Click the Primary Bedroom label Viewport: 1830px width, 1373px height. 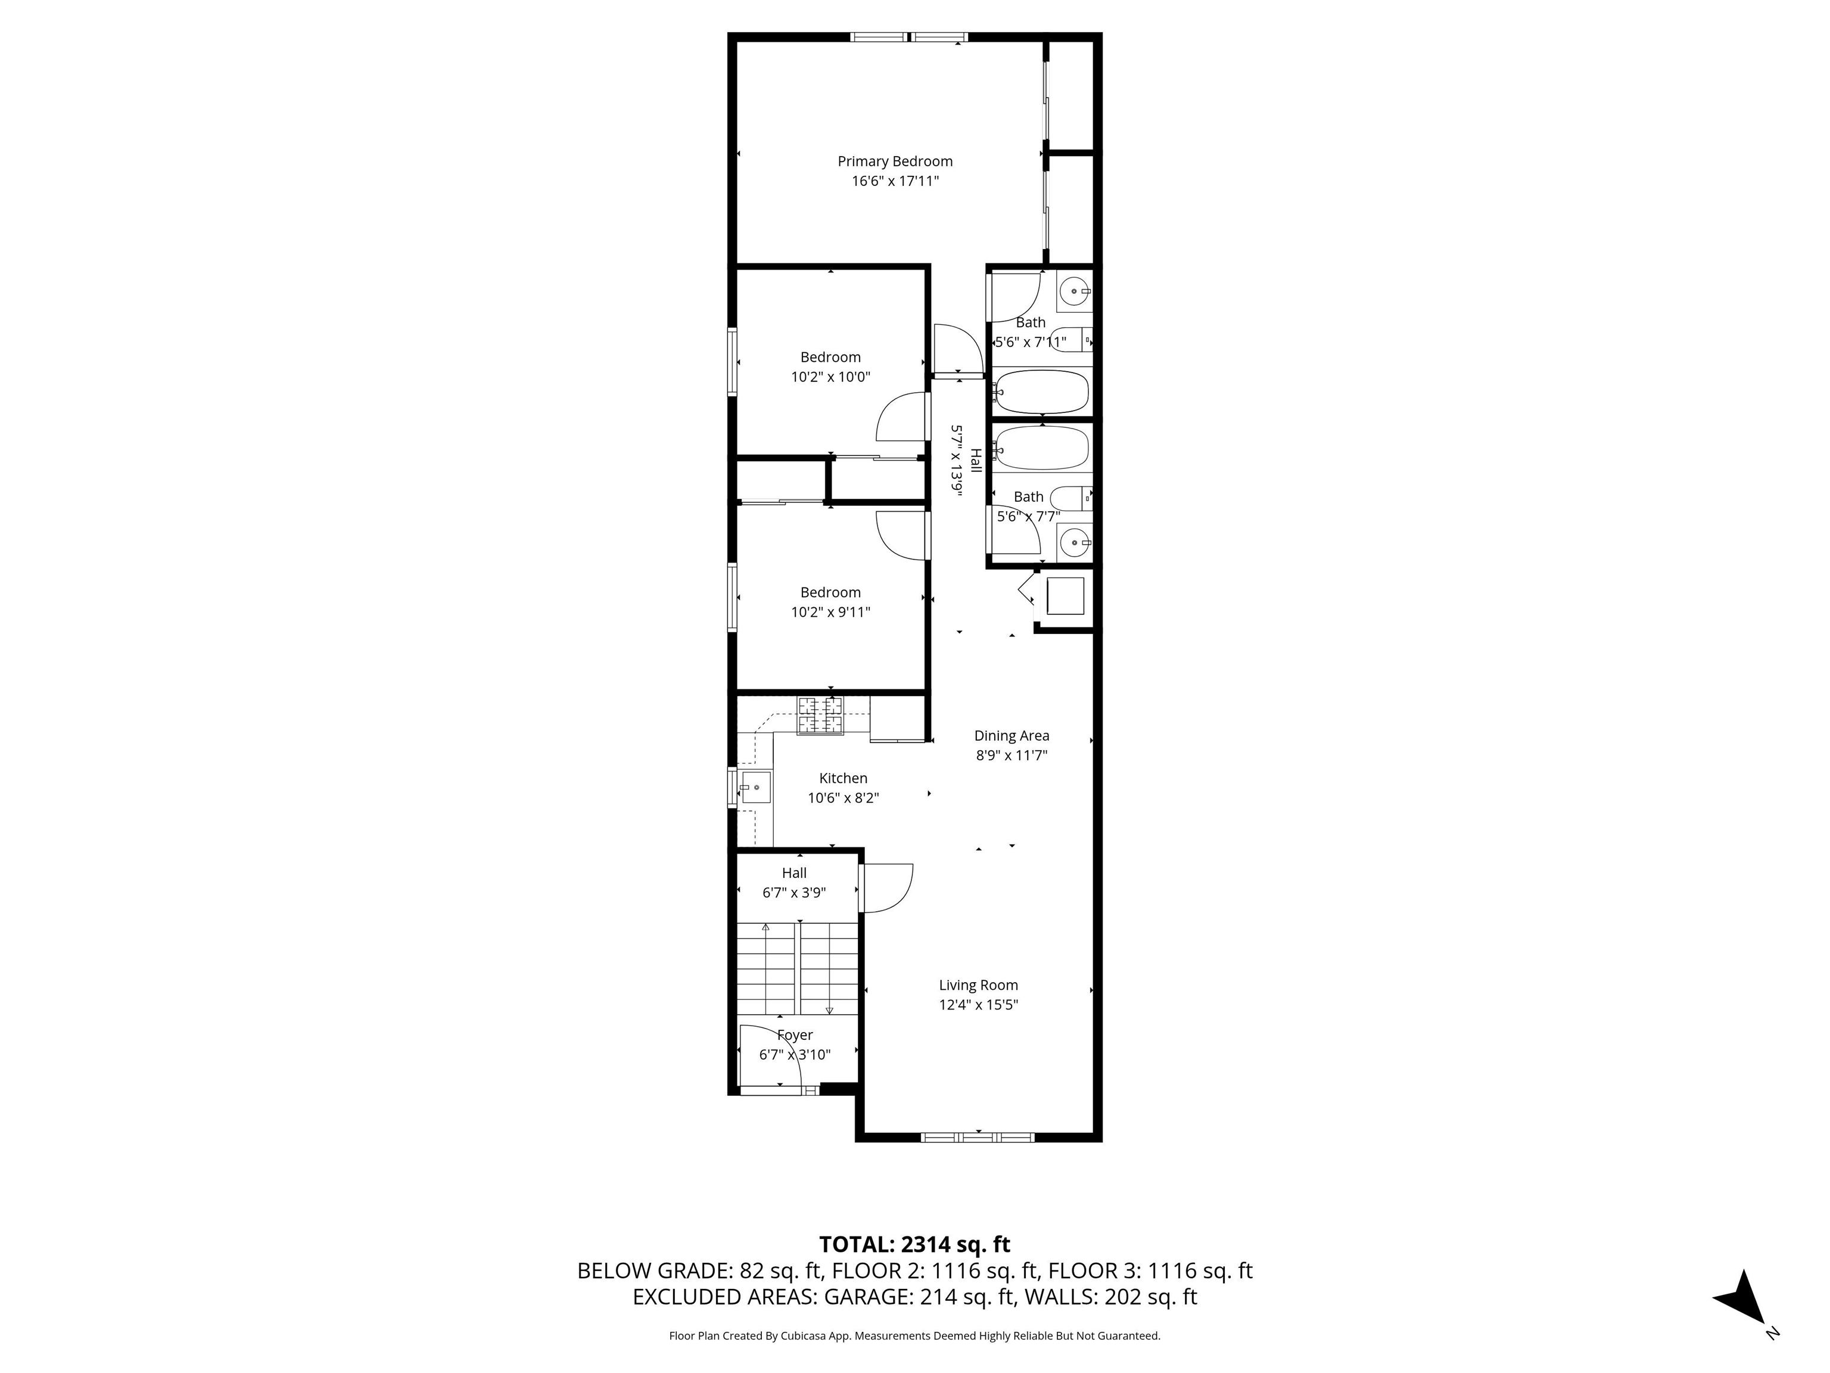coord(895,161)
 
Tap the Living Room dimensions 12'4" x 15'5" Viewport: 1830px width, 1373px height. coord(978,1005)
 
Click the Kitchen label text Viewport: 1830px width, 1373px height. coord(843,778)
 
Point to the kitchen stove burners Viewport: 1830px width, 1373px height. coord(821,716)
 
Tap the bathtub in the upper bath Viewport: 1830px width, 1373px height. coord(1041,392)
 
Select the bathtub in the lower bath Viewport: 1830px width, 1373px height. coord(1041,448)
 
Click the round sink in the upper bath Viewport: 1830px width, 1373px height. coord(1074,291)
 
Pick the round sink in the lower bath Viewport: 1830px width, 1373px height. coord(1074,543)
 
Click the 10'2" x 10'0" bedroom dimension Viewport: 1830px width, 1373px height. coord(830,377)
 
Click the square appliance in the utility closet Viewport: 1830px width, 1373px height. coord(1066,596)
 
